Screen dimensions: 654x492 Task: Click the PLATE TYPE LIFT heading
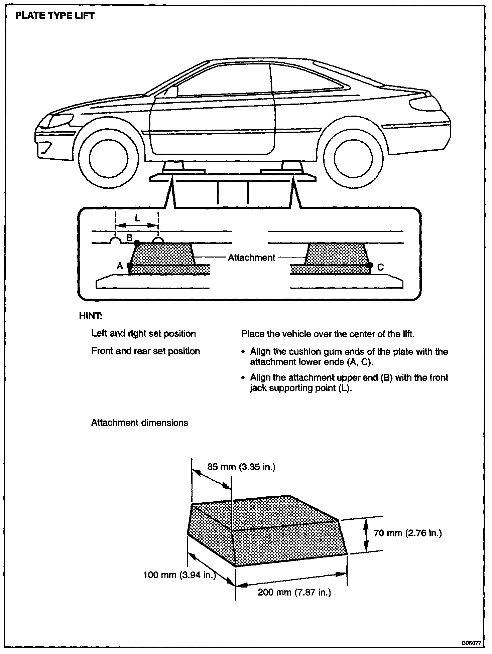click(x=55, y=16)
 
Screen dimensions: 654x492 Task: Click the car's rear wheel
click(x=354, y=157)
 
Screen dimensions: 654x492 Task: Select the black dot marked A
click(x=130, y=266)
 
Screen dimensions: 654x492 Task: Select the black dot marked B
click(x=136, y=243)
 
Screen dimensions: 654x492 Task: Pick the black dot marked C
click(x=370, y=265)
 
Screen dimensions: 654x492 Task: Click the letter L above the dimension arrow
click(x=137, y=218)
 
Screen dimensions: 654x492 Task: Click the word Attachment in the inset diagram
click(x=251, y=258)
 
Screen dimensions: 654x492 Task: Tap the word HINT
click(x=91, y=316)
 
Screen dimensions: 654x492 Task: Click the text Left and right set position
click(x=143, y=334)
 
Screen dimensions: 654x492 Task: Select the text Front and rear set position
click(x=145, y=351)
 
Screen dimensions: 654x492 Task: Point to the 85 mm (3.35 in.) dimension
click(x=241, y=467)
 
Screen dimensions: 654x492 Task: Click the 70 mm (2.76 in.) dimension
click(x=407, y=533)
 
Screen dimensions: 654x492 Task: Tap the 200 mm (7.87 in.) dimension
click(x=294, y=593)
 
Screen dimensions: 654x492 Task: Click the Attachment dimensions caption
click(x=139, y=423)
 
